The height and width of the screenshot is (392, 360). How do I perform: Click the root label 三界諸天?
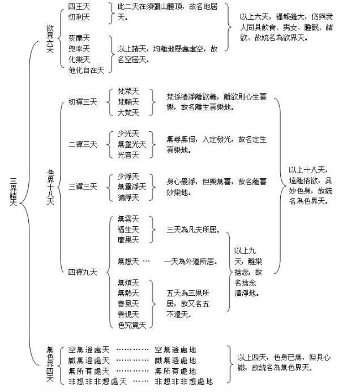coord(13,192)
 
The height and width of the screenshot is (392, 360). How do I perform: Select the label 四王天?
coord(79,6)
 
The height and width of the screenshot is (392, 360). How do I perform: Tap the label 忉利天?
coord(79,17)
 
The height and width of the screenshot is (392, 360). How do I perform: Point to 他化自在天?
coord(86,70)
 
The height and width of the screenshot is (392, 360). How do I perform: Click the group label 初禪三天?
coord(83,102)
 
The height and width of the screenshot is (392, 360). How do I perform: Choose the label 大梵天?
coord(128,113)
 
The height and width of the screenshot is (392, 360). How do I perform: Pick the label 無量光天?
coord(132,144)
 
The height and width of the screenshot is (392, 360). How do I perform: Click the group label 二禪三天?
coord(83,144)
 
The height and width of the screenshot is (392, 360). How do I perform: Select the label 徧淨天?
coord(128,197)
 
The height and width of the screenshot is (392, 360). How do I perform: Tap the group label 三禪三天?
coord(83,187)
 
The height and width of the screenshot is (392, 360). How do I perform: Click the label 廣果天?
coord(128,240)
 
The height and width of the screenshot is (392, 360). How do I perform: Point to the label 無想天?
coord(128,261)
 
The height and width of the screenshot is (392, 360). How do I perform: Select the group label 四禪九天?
coord(83,272)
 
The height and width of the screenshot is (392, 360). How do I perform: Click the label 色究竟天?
coord(132,325)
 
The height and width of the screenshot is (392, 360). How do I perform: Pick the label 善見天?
coord(128,304)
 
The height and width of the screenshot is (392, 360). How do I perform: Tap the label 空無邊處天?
coord(89,350)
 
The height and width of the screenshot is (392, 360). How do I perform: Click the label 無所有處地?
coord(175,371)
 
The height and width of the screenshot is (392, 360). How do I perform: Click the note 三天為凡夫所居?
coord(193,230)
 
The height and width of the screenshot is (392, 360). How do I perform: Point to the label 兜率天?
coord(79,49)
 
